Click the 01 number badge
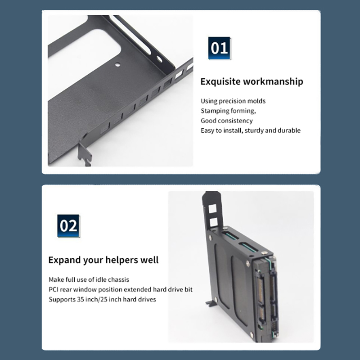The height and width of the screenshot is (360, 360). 220,48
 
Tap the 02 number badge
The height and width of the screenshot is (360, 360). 68,226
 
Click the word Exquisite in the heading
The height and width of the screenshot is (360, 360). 220,82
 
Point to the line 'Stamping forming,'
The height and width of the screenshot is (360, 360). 228,111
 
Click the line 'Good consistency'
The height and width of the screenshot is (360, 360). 227,121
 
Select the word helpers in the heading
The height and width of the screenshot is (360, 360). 121,260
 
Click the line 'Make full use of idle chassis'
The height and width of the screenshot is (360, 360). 89,279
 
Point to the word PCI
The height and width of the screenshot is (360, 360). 53,289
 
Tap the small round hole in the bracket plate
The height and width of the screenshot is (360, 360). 117,64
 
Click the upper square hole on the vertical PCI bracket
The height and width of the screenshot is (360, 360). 212,209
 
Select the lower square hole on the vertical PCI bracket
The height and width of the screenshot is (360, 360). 213,222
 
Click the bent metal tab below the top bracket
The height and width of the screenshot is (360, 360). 85,153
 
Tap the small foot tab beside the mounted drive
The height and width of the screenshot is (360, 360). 211,303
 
